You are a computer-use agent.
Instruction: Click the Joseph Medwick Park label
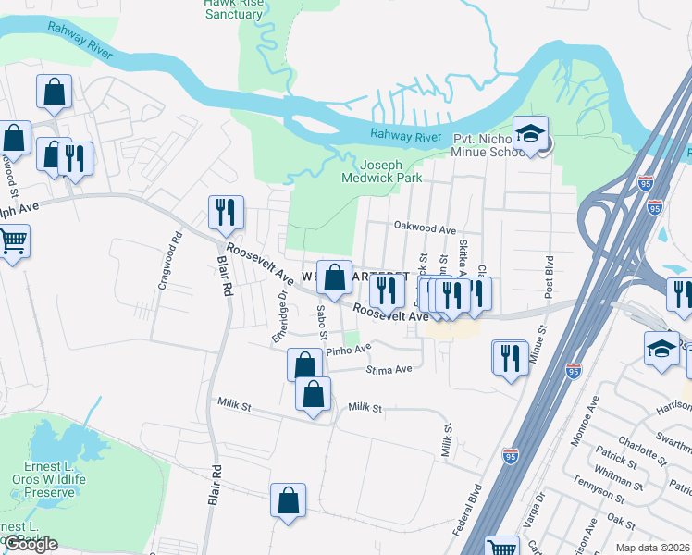click(x=381, y=170)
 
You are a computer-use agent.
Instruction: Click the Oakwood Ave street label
click(x=425, y=228)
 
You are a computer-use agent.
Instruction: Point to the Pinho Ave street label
click(x=348, y=351)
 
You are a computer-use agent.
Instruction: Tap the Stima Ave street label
click(x=389, y=369)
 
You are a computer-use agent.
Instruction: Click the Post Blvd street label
click(x=549, y=276)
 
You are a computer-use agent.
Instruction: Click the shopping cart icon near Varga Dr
click(x=501, y=546)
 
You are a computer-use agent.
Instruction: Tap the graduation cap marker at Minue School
click(x=531, y=133)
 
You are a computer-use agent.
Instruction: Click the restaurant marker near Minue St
click(x=511, y=357)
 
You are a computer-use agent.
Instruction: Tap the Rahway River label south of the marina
click(x=405, y=136)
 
